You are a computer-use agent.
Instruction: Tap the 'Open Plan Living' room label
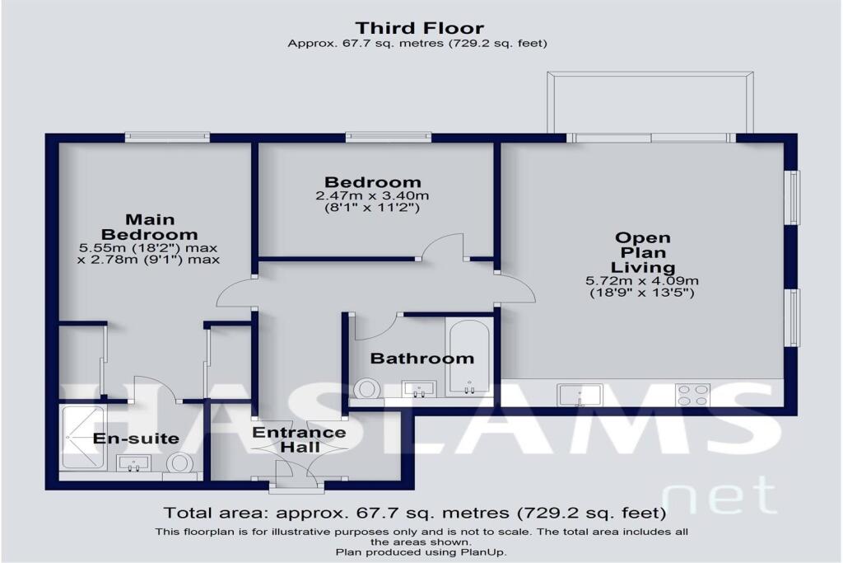pos(643,252)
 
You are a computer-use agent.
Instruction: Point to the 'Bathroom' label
pos(421,359)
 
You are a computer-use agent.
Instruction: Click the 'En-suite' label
pos(136,438)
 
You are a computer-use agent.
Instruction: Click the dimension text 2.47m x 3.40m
pos(372,196)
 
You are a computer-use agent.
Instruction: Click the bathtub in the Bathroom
pos(468,359)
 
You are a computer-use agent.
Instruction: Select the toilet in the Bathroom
pos(365,388)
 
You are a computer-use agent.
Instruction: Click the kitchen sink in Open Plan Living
pos(580,396)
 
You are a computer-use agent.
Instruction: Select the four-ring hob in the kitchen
pos(692,395)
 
